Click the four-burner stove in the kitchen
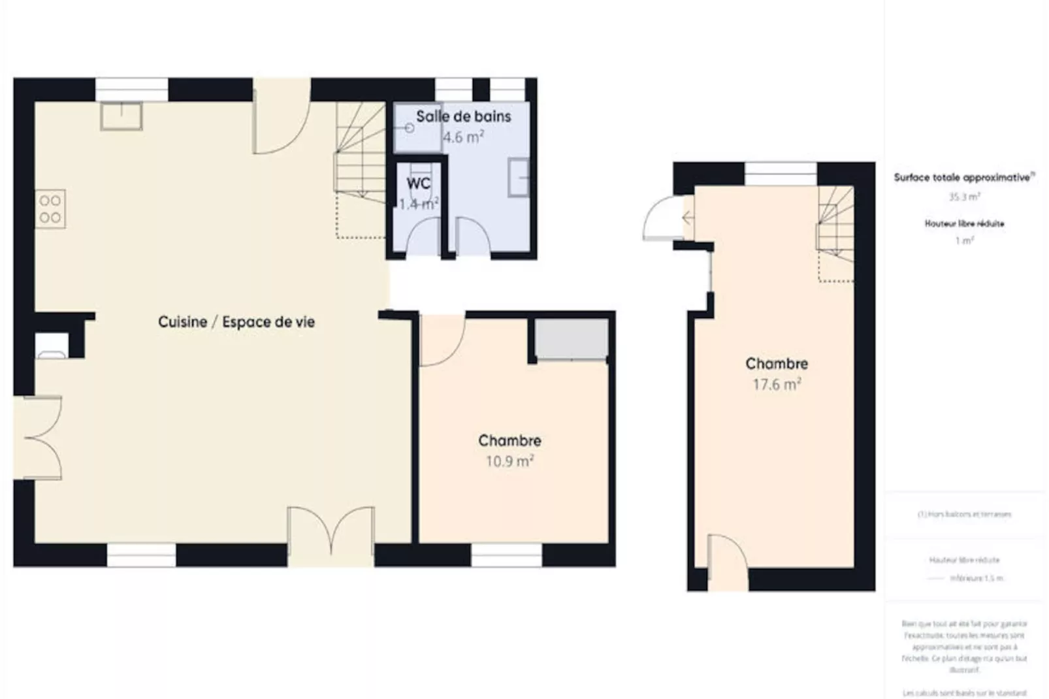pos(50,209)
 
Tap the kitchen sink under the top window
pos(121,116)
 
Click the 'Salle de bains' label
pos(463,117)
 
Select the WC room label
pos(418,184)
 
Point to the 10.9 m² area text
pos(509,461)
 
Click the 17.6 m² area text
pos(777,384)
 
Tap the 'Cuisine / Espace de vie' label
pos(236,322)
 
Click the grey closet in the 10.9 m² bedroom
pos(572,339)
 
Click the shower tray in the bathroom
pos(417,127)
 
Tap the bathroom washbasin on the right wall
pos(519,176)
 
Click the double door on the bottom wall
pos(331,532)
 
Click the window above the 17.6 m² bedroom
pos(780,174)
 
